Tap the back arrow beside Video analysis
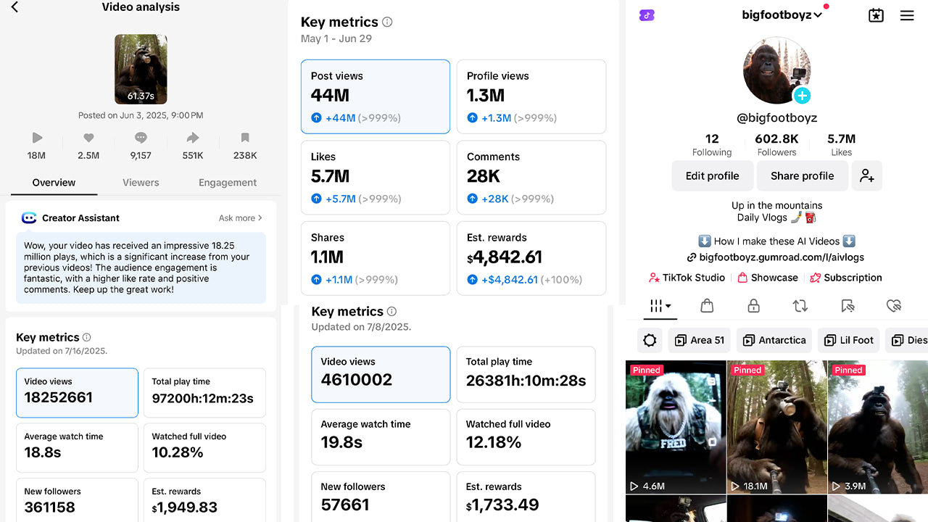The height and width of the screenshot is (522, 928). [14, 7]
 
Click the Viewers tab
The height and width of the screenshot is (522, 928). [141, 183]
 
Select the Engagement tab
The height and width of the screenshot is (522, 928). [228, 183]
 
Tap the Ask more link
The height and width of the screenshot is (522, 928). [240, 217]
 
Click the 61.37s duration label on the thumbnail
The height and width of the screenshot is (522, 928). [141, 96]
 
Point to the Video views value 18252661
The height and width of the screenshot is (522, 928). [59, 397]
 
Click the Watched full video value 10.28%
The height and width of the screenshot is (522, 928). [178, 452]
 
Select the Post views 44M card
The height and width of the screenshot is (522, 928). [376, 96]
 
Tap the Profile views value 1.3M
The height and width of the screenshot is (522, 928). [486, 96]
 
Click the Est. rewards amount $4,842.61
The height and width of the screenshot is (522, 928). [505, 257]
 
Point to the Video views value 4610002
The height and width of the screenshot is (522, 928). [357, 380]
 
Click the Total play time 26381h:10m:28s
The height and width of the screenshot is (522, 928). [526, 380]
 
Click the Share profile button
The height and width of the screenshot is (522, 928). [802, 175]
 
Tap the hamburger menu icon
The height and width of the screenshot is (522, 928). [907, 15]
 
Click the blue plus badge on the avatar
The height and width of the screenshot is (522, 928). [802, 96]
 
